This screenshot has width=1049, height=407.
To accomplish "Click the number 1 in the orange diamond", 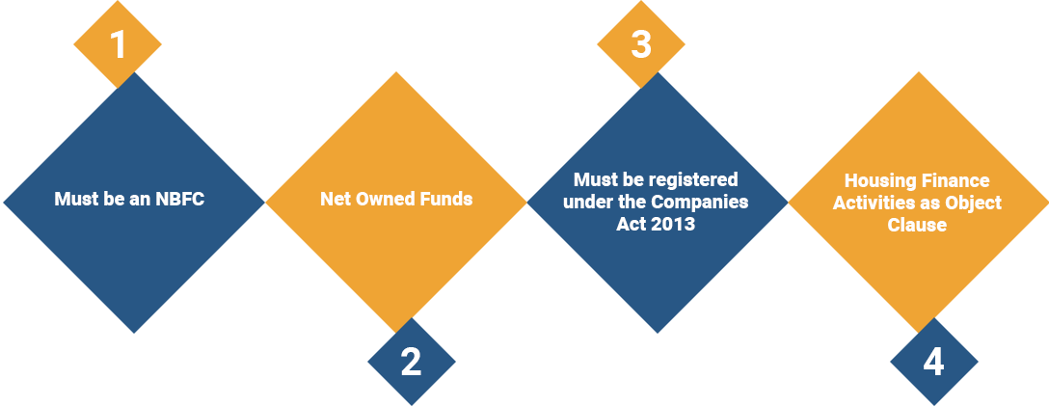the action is click(118, 44).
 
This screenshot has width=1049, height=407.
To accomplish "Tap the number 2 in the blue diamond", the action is click(411, 362).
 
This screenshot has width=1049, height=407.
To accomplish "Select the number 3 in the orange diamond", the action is click(641, 44).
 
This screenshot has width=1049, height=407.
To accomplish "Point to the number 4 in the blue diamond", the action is click(933, 362).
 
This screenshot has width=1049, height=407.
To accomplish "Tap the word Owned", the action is click(382, 200).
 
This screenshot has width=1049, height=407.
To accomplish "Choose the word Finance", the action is click(957, 180).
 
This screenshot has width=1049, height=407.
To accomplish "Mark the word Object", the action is click(972, 203).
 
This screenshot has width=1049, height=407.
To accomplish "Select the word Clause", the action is click(917, 225).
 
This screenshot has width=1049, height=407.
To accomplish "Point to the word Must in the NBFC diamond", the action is click(75, 201).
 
